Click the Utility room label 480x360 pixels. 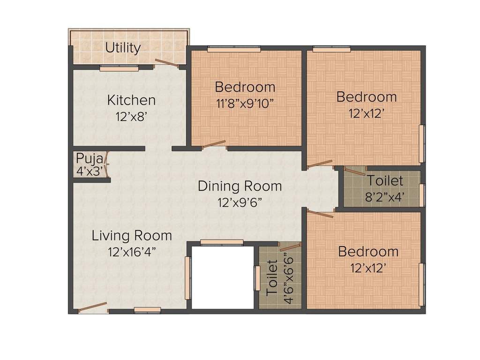[123, 48]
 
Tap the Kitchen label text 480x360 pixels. [131, 100]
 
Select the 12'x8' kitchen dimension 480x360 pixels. [132, 116]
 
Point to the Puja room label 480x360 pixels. [90, 159]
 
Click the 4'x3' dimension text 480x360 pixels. [90, 171]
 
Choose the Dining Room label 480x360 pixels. [240, 186]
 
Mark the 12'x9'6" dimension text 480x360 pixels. [240, 202]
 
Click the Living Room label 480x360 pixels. [132, 236]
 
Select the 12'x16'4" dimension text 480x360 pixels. [132, 252]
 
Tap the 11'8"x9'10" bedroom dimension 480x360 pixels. [245, 104]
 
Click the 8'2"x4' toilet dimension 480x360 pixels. [385, 196]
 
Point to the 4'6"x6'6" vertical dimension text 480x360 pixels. [289, 278]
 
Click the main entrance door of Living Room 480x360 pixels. [93, 307]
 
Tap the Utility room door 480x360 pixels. [167, 62]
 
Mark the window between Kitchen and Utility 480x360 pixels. [120, 69]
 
